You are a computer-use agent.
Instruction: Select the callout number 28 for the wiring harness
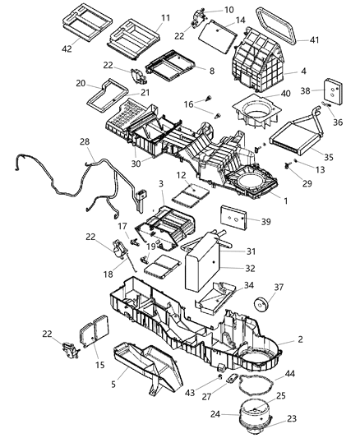pos(85,143)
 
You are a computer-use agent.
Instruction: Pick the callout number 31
pos(252,251)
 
